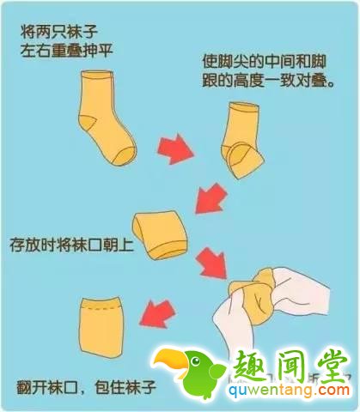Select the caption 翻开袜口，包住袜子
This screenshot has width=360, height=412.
point(86,379)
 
